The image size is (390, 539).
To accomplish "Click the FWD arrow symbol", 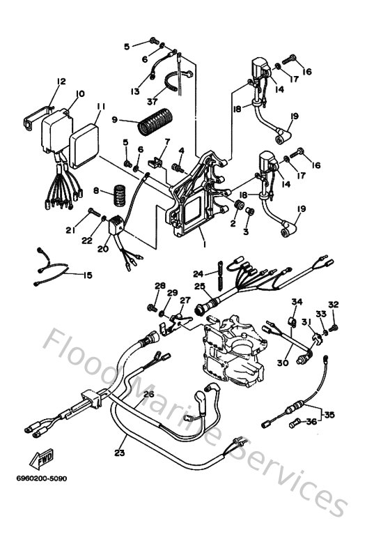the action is (41, 459).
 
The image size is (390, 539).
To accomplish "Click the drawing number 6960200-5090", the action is (42, 478).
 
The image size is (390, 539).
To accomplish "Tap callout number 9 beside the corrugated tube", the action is (115, 120).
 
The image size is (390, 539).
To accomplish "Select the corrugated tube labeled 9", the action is (155, 122).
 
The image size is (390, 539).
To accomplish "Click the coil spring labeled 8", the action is (120, 196).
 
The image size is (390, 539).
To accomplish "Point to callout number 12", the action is (61, 82).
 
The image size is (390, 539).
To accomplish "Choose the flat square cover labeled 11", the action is (84, 146).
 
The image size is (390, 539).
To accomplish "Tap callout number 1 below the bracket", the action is (205, 245).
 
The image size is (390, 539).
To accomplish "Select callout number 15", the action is (88, 275).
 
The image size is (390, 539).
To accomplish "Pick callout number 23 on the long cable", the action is (120, 453).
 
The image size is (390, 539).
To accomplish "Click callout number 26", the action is (148, 394).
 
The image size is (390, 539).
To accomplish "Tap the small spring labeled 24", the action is (220, 275).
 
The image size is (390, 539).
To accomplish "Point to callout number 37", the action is (152, 102).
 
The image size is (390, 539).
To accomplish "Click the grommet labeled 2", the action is (238, 205).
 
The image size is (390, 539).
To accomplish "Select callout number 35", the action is (329, 415).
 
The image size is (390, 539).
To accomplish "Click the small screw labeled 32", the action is (334, 328).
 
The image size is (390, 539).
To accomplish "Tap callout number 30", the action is (283, 363).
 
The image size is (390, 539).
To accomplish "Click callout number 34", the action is (297, 301).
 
